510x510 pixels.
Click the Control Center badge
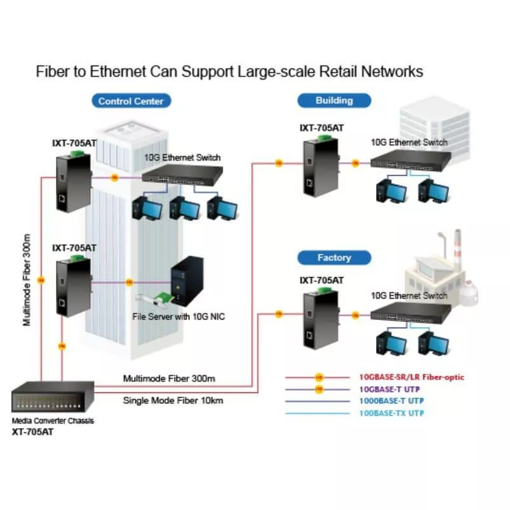pyautogui.click(x=131, y=100)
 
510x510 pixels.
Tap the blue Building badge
pyautogui.click(x=334, y=100)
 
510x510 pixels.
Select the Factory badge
pyautogui.click(x=334, y=257)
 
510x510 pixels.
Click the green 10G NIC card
pyautogui.click(x=156, y=300)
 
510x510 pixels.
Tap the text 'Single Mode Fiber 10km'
pyautogui.click(x=173, y=400)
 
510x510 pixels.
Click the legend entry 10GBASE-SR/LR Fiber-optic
pyautogui.click(x=412, y=377)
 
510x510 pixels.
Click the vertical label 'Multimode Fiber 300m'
pyautogui.click(x=27, y=280)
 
